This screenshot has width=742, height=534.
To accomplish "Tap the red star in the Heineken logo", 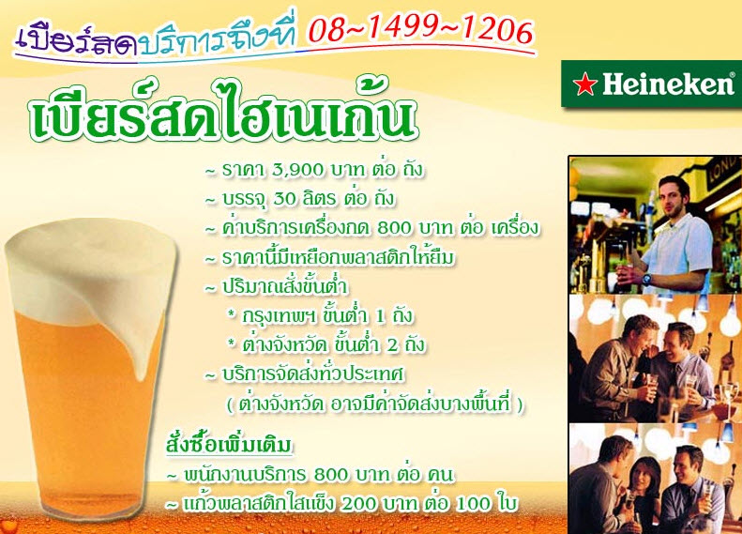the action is (x=585, y=84).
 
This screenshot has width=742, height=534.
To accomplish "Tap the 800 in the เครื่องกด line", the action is (x=395, y=228).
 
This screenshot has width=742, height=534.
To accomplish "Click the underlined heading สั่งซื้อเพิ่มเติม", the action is (x=230, y=444).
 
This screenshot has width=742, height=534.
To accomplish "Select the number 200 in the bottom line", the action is (x=358, y=504).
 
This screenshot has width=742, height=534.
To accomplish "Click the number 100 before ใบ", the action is (x=473, y=504).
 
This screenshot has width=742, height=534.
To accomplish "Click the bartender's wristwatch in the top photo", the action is (x=646, y=279).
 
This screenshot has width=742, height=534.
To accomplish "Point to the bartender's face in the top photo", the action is (x=674, y=195).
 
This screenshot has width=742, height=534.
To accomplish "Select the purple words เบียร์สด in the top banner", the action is (x=76, y=41).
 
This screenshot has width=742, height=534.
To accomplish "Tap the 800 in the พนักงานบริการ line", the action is (x=331, y=474).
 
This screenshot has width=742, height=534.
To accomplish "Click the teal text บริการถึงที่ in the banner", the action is (x=219, y=38).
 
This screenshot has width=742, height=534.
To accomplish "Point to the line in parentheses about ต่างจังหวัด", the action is (x=375, y=404).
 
